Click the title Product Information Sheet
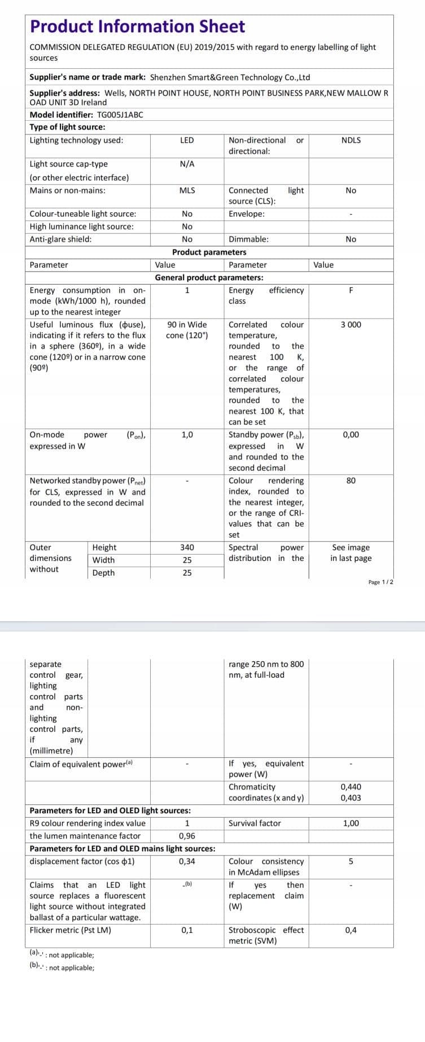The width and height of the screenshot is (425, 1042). click(x=137, y=27)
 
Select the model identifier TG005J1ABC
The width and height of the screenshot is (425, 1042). click(x=120, y=115)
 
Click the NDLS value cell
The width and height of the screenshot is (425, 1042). click(x=350, y=140)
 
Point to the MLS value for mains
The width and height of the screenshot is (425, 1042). click(x=187, y=190)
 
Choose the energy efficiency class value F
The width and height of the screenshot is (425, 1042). click(x=350, y=290)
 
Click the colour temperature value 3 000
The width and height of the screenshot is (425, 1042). click(x=350, y=325)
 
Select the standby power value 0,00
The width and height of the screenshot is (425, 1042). click(x=350, y=435)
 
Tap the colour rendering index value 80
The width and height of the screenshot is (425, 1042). click(x=350, y=481)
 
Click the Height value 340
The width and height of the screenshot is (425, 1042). click(x=187, y=547)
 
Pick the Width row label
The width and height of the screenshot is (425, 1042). click(x=103, y=560)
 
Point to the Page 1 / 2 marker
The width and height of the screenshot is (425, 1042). click(x=380, y=582)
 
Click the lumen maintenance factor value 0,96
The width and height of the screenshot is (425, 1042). click(x=187, y=836)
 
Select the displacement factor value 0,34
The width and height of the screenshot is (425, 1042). click(x=187, y=861)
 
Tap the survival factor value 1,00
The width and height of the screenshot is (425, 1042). click(x=350, y=823)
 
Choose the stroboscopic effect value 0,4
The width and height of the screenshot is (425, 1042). click(x=350, y=930)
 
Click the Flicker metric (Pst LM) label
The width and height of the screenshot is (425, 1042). click(x=70, y=930)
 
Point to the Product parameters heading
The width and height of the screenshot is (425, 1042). click(x=209, y=252)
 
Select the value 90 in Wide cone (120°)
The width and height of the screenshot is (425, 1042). click(x=187, y=330)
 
